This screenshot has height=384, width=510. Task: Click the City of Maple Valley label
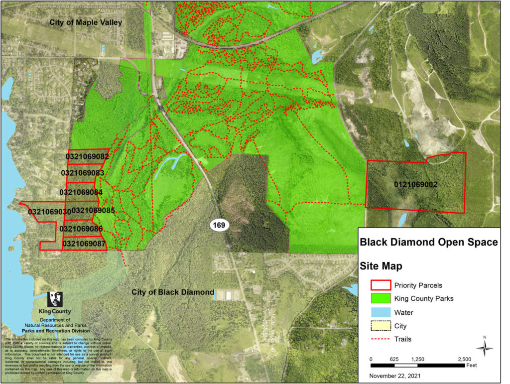click(85, 23)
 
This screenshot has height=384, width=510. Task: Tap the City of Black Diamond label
click(173, 292)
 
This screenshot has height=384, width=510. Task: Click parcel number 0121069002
click(415, 185)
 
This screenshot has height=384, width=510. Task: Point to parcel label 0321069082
click(87, 156)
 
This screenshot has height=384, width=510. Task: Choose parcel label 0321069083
click(82, 173)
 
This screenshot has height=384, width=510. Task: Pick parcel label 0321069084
click(81, 192)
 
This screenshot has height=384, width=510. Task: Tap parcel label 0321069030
click(49, 212)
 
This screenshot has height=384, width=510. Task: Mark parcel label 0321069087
click(84, 244)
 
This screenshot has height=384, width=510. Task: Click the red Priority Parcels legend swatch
click(380, 285)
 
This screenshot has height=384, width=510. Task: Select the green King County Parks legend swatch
click(380, 299)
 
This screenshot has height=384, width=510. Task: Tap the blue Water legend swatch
click(380, 313)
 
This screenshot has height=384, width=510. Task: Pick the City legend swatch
click(380, 326)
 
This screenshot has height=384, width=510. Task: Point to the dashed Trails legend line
click(380, 339)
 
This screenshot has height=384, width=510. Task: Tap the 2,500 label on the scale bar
click(464, 359)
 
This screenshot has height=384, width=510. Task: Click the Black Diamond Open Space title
click(428, 243)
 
